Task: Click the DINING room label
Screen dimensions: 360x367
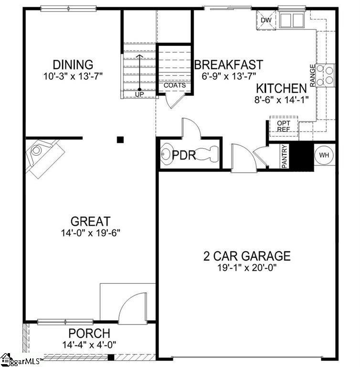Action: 73,65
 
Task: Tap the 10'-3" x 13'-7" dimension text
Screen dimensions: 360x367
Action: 73,76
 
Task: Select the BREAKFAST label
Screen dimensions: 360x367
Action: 229,65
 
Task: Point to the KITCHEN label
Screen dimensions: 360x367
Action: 281,88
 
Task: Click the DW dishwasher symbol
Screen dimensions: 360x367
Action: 266,20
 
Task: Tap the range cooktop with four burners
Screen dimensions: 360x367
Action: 325,75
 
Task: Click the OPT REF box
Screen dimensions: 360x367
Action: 284,126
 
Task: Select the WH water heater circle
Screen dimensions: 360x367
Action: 324,155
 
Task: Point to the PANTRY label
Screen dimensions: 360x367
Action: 285,156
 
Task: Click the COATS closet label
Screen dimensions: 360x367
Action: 175,85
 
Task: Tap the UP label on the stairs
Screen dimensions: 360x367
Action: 139,94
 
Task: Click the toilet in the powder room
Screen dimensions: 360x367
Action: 207,154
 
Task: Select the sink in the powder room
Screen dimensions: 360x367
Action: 167,154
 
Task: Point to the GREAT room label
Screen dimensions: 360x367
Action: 90,221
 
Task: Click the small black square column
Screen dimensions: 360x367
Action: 120,140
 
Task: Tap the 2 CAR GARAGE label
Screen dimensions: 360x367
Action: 247,256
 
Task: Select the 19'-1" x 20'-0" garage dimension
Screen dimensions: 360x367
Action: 247,267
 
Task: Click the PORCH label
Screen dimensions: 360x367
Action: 89,333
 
